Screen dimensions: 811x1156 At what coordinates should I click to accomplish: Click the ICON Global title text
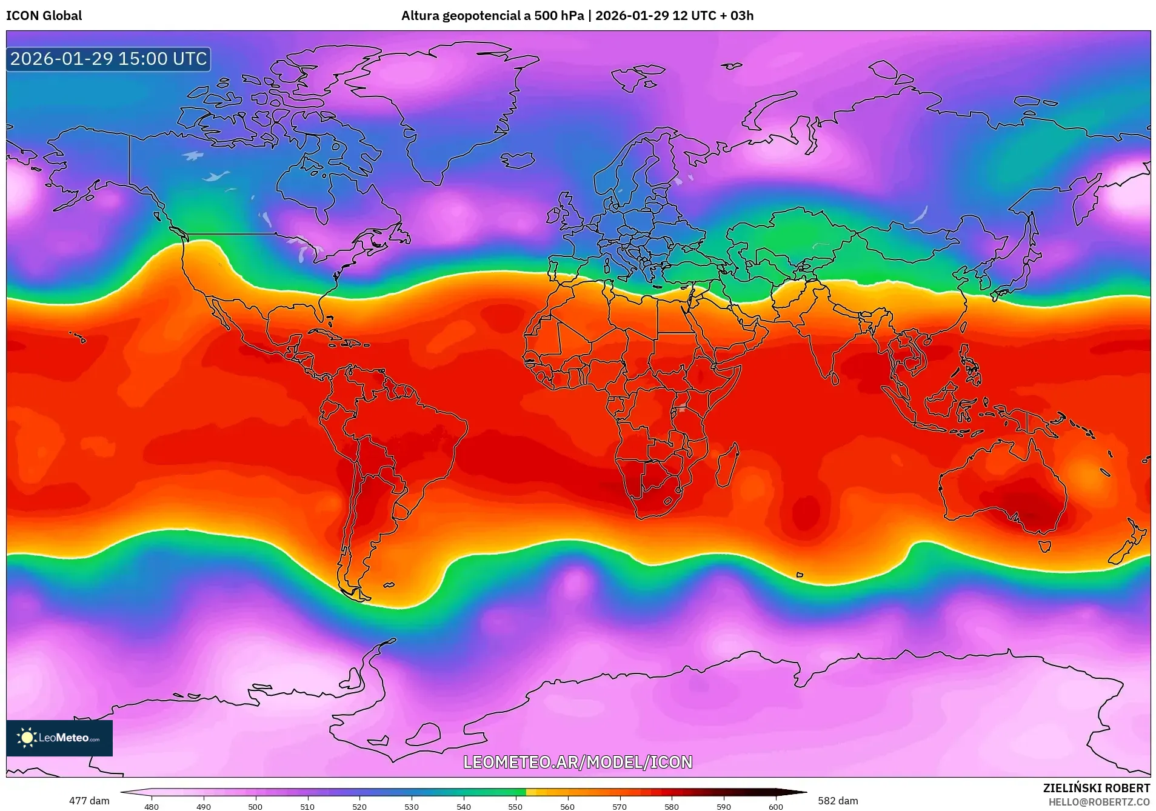coord(44,16)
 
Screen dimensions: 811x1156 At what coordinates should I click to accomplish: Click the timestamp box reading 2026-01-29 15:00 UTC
coord(109,59)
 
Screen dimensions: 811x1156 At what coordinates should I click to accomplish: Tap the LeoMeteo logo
coord(59,738)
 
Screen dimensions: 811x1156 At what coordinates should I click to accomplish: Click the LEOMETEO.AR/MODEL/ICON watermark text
coord(577,762)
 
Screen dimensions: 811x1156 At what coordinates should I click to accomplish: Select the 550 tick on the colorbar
coord(515,806)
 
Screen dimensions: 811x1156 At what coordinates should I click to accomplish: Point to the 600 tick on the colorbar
coord(775,806)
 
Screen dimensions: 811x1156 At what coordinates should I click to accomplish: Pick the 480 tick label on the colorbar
coord(152,807)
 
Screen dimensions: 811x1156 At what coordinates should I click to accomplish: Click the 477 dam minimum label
coord(89,801)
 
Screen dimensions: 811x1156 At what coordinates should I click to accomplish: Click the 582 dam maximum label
coord(838,801)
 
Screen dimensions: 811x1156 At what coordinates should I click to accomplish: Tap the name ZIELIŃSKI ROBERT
coord(1096,788)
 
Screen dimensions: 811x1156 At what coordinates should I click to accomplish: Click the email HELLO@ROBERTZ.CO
coord(1098,802)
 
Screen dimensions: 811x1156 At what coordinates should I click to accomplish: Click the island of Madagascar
coord(727,466)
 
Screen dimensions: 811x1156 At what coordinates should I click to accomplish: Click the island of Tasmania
coord(1044,546)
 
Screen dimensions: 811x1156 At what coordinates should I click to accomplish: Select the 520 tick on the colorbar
coord(359,806)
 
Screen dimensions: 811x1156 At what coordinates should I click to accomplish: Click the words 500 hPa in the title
coord(558,16)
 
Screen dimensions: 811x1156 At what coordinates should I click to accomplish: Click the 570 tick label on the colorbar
coord(620,807)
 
